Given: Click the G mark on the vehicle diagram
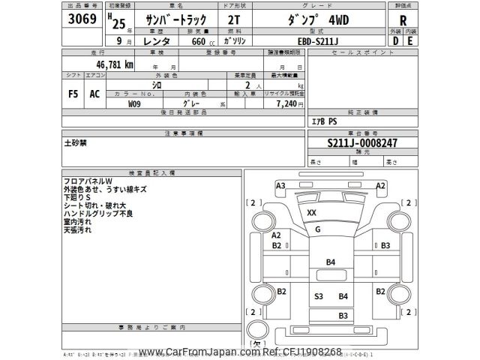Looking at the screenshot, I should tap(318, 229).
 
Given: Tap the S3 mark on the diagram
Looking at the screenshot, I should tap(319, 297).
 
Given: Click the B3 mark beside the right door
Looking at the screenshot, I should tap(385, 245).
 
